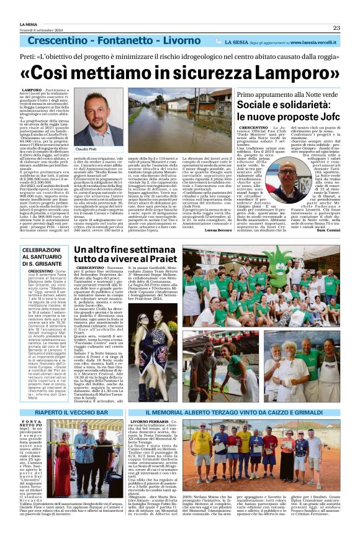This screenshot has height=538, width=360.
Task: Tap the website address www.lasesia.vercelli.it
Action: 312,42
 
